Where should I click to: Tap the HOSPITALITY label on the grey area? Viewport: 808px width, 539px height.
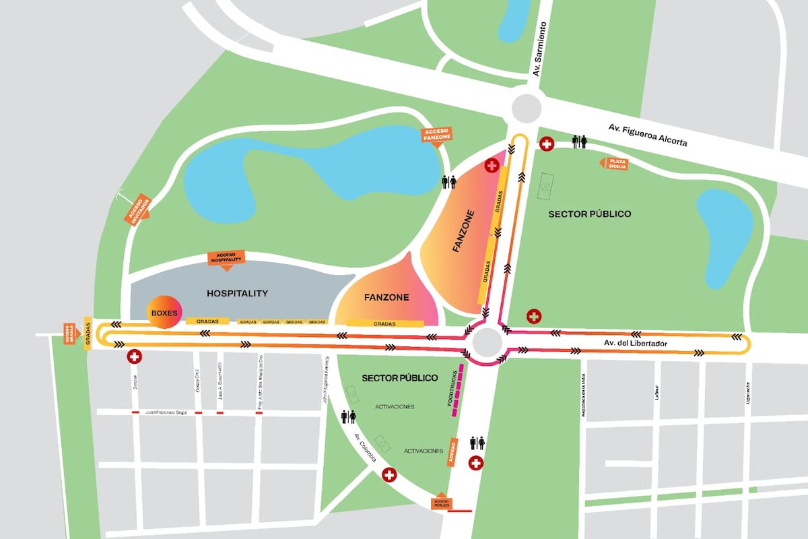pos(237,293)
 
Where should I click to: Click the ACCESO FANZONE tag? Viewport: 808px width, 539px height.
pos(437,135)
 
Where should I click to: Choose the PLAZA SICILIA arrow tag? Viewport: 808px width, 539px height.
pos(614,163)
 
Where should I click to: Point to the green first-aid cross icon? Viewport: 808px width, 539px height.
pos(534,316)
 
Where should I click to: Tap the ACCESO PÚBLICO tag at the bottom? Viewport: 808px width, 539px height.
pos(442,501)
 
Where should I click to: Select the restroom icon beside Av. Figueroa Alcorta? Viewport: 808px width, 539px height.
pos(579,142)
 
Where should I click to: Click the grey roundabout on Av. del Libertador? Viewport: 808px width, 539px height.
pos(487,343)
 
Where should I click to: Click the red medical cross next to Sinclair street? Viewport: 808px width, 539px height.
pos(134,356)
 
